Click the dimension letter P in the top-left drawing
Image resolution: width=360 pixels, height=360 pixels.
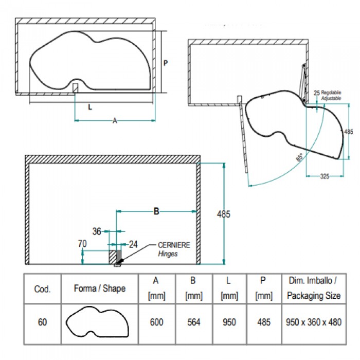click(x=166, y=63)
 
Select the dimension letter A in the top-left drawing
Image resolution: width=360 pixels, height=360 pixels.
click(x=115, y=121)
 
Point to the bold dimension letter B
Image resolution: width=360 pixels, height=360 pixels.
click(x=156, y=211)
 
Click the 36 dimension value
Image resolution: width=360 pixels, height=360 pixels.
click(x=97, y=231)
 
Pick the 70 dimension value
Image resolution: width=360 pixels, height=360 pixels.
click(x=82, y=244)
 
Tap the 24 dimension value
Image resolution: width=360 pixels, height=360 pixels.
click(x=134, y=244)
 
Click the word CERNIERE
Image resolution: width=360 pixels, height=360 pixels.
click(x=173, y=245)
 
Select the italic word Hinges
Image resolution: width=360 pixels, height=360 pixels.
click(x=168, y=254)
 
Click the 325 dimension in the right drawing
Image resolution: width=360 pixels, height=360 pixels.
click(x=325, y=176)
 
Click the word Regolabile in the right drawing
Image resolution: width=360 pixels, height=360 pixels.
click(x=331, y=92)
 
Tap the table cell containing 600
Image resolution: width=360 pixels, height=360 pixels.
click(x=156, y=322)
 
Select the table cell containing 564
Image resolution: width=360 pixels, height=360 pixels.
click(x=193, y=322)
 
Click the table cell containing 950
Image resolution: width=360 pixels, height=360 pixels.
click(x=229, y=322)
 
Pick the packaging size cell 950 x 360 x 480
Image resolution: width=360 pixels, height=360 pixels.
click(x=314, y=322)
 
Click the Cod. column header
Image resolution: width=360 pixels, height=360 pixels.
click(x=42, y=289)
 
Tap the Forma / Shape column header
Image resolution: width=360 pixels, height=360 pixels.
click(x=99, y=289)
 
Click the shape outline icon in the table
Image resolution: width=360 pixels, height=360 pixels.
click(x=99, y=322)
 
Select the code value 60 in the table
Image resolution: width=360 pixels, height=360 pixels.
click(x=42, y=322)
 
